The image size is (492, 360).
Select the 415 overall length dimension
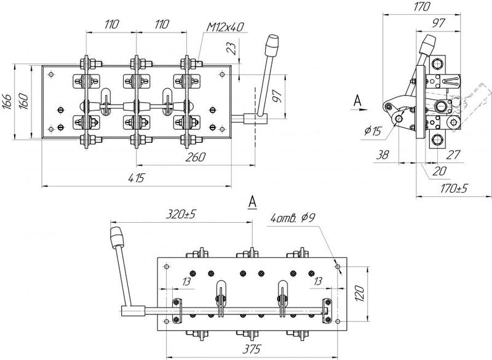136,178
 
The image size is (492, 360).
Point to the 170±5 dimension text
450,188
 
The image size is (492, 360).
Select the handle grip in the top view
271,46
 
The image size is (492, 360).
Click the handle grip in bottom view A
115,236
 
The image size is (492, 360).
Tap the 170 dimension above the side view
420,8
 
